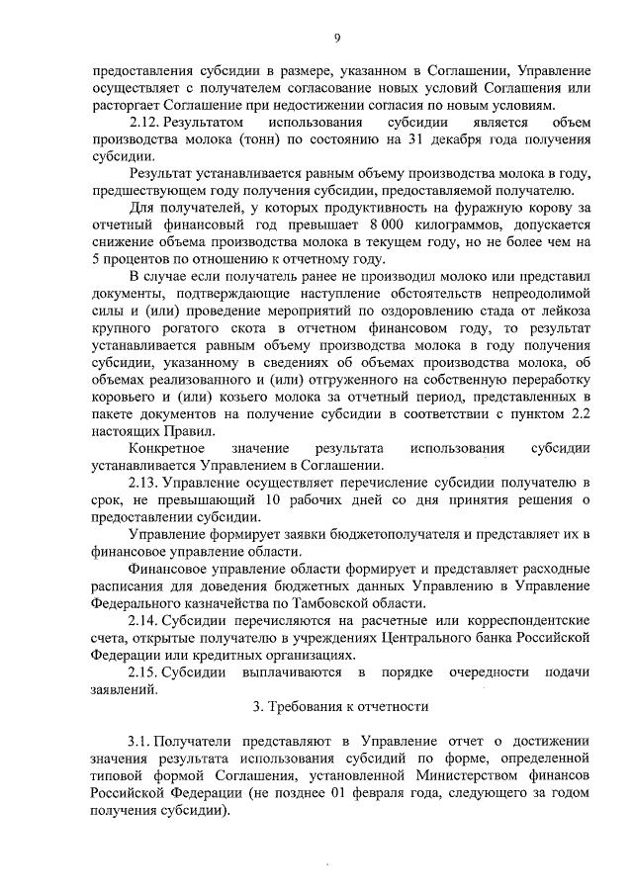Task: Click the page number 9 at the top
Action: (x=337, y=39)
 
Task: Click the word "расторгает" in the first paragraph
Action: (x=118, y=106)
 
